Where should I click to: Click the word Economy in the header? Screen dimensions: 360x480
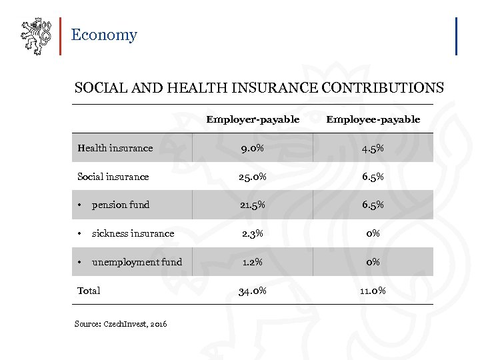pyautogui.click(x=103, y=35)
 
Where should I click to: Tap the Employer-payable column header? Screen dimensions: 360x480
pyautogui.click(x=253, y=119)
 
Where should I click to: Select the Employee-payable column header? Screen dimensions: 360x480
pyautogui.click(x=373, y=119)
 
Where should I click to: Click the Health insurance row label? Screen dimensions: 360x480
pyautogui.click(x=115, y=148)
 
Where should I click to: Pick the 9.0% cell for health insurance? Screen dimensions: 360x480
pyautogui.click(x=253, y=148)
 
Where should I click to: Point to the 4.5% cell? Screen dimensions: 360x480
pyautogui.click(x=373, y=148)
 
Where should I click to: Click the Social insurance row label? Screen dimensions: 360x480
pyautogui.click(x=113, y=177)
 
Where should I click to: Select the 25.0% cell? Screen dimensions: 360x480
pyautogui.click(x=253, y=177)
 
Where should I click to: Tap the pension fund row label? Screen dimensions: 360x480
pyautogui.click(x=121, y=205)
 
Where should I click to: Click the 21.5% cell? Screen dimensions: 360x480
pyautogui.click(x=253, y=205)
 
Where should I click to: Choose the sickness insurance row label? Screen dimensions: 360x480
pyautogui.click(x=133, y=233)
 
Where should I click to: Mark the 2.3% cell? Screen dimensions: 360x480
pyautogui.click(x=253, y=233)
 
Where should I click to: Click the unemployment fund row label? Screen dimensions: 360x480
pyautogui.click(x=137, y=262)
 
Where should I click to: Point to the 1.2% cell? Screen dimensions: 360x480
pyautogui.click(x=253, y=262)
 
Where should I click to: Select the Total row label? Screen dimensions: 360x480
pyautogui.click(x=89, y=291)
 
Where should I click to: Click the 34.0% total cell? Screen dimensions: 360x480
pyautogui.click(x=253, y=291)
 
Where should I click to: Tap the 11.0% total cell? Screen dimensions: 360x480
pyautogui.click(x=373, y=291)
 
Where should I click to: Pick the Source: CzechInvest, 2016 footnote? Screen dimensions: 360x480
pyautogui.click(x=121, y=324)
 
